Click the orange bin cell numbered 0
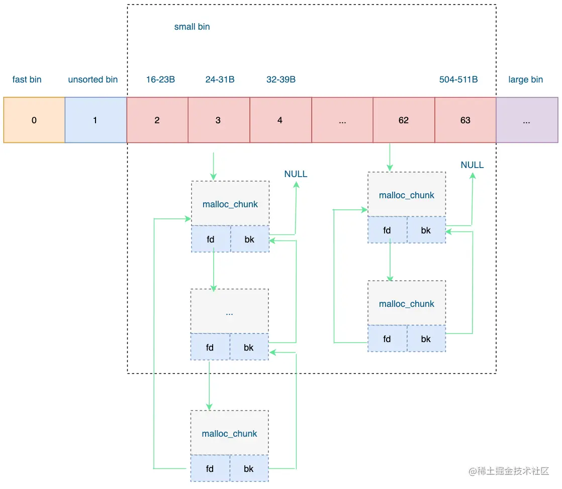click(34, 120)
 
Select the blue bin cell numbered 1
click(96, 120)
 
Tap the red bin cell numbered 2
click(157, 120)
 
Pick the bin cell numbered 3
click(219, 120)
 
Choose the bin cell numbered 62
click(404, 120)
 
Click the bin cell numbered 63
click(465, 120)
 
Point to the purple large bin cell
click(527, 120)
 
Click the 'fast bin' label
click(27, 79)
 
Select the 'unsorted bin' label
click(93, 79)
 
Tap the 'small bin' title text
click(192, 27)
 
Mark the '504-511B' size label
click(458, 79)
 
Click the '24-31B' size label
click(220, 79)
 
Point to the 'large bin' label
click(525, 79)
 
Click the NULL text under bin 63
click(472, 165)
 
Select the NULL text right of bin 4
click(296, 174)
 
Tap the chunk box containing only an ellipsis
click(229, 311)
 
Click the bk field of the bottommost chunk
click(249, 468)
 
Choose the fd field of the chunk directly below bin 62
click(388, 230)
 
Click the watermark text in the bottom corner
click(509, 471)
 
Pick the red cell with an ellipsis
click(342, 120)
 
